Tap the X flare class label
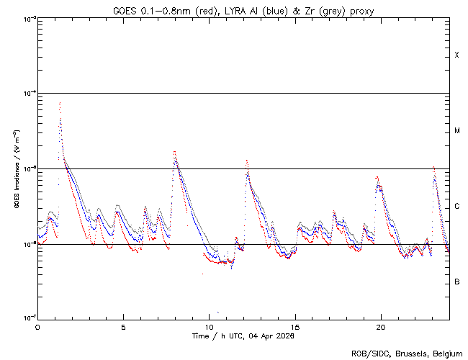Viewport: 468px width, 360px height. (457, 55)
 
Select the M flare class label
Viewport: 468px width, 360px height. (457, 131)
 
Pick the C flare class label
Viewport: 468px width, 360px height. (457, 207)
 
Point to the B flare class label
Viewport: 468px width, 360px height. (457, 282)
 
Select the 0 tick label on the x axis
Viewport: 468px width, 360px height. (37, 327)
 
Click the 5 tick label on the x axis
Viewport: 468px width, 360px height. (123, 327)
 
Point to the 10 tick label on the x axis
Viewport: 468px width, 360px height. (209, 327)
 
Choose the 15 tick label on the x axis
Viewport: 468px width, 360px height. (295, 327)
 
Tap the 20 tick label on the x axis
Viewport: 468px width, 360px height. (381, 327)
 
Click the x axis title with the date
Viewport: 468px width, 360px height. (243, 336)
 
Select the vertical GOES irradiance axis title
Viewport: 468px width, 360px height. (16, 168)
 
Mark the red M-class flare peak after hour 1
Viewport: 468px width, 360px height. (60, 102)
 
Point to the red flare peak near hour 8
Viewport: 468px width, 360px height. (174, 152)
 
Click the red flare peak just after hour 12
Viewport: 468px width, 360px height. (246, 160)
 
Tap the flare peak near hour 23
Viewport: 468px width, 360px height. (433, 167)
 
